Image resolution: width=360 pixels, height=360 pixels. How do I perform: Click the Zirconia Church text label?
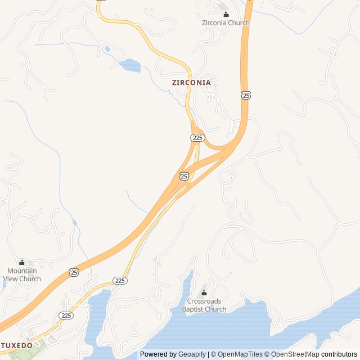coord(226,23)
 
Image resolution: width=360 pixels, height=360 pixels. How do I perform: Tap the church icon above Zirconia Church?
coord(226,15)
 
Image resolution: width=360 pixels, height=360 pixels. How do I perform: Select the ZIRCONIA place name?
coord(191,82)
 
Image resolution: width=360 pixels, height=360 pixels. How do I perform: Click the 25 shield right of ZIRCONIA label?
coord(246,95)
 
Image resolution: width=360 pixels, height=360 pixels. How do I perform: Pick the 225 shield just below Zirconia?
coord(197,137)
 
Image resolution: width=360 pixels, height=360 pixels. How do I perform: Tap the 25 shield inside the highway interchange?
coord(184,176)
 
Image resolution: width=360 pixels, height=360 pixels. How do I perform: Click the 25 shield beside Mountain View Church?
coord(74,272)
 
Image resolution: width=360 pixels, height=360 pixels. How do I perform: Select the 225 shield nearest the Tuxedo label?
coord(66,315)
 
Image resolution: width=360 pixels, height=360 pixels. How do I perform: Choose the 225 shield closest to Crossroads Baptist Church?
coord(120,280)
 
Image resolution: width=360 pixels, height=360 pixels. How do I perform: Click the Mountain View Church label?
coord(22,274)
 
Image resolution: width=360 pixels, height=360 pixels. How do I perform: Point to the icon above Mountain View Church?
coord(22,262)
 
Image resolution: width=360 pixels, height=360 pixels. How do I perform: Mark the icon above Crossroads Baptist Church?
coord(204,292)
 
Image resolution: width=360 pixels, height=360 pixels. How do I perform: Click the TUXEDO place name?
coord(17,345)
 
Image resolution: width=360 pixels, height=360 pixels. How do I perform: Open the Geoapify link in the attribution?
coord(192,354)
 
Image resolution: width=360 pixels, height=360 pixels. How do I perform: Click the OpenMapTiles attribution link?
coord(241,354)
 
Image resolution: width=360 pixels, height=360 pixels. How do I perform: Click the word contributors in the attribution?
coord(339,354)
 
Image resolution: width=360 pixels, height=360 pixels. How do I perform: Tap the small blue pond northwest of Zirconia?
coord(130,65)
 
